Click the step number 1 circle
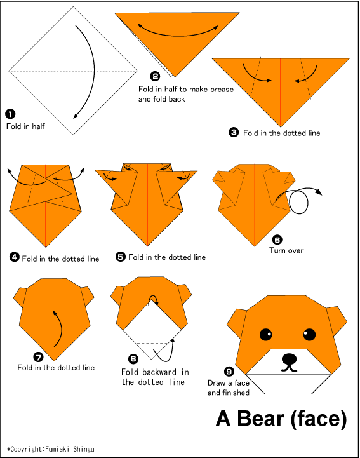[10, 114]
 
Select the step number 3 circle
[234, 132]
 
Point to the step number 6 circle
[277, 239]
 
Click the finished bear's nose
[289, 359]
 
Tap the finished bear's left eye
[266, 334]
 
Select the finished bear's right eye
[309, 334]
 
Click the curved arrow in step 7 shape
[58, 327]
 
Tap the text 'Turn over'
[286, 250]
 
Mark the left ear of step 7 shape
[21, 295]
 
